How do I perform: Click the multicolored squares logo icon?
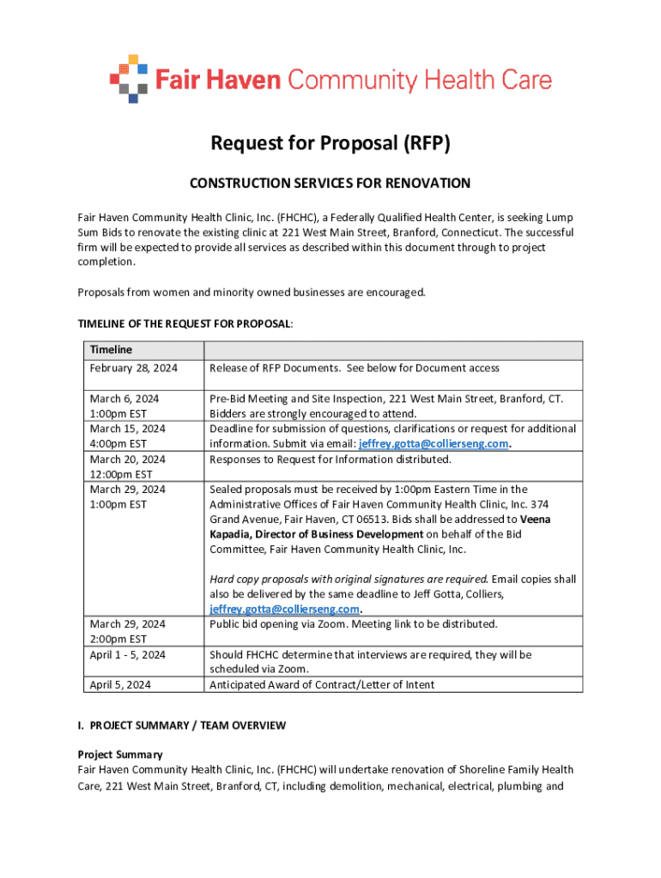129,78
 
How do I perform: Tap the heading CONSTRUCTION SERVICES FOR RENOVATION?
330,183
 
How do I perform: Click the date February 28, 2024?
133,368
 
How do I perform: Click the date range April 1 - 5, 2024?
128,655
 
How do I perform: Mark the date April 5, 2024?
120,684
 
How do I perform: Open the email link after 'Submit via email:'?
434,444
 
